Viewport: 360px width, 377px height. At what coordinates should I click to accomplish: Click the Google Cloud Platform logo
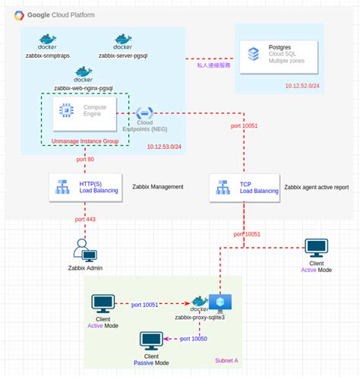pos(17,14)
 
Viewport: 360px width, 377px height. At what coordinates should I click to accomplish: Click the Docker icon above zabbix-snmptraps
pos(48,40)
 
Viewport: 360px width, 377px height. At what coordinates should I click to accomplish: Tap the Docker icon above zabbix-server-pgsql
pos(122,40)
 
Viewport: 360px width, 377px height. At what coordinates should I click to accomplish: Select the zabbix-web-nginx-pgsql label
pos(84,87)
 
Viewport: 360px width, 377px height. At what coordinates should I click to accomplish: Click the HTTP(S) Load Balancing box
pos(84,186)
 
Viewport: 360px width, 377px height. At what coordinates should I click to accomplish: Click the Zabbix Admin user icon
pos(84,250)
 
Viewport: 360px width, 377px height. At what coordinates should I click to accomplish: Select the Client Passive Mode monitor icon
pos(151,340)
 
